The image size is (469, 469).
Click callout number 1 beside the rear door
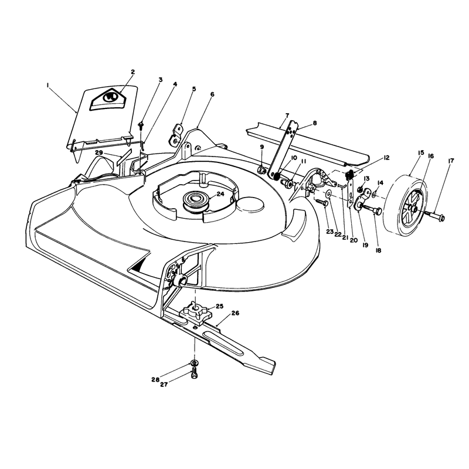(x=48, y=85)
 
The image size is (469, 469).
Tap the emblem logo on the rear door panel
(x=108, y=100)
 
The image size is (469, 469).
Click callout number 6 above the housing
(x=212, y=94)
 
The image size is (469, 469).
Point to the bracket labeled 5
(x=177, y=135)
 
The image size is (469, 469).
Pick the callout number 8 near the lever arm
(x=314, y=123)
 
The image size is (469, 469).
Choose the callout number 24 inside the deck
(x=220, y=194)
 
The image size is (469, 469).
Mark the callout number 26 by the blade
(x=235, y=313)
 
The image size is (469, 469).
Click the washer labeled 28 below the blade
(x=195, y=363)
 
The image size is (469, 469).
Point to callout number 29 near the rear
(x=99, y=153)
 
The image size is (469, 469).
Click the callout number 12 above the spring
(x=386, y=158)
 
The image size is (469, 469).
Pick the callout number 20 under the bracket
(x=354, y=240)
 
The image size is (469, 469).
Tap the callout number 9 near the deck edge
(x=262, y=147)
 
